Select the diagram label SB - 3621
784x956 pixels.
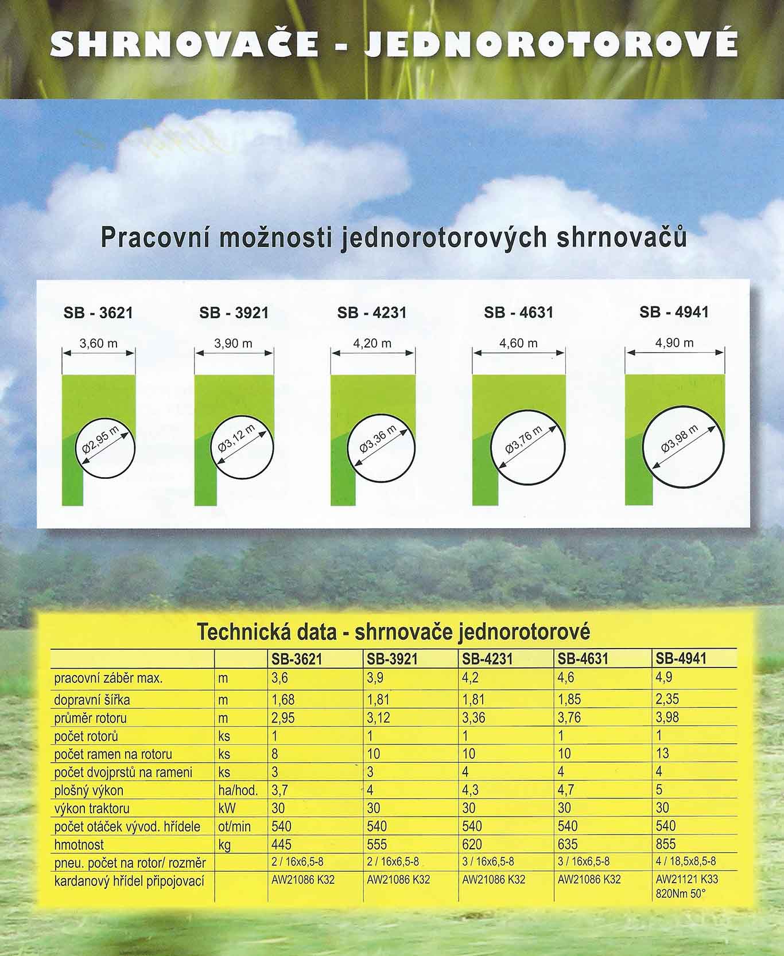(98, 313)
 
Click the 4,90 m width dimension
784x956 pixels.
(674, 343)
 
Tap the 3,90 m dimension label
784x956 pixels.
(233, 344)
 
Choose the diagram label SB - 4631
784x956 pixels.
(518, 313)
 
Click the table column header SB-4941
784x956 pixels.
(681, 659)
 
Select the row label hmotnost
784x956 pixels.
(79, 845)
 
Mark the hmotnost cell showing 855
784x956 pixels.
(666, 844)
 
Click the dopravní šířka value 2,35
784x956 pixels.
(667, 699)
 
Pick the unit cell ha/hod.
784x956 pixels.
(238, 790)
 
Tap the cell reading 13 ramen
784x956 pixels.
(662, 754)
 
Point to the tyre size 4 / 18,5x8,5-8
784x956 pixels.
(686, 861)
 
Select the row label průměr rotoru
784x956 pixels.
(91, 718)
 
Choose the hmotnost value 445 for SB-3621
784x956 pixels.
(281, 844)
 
